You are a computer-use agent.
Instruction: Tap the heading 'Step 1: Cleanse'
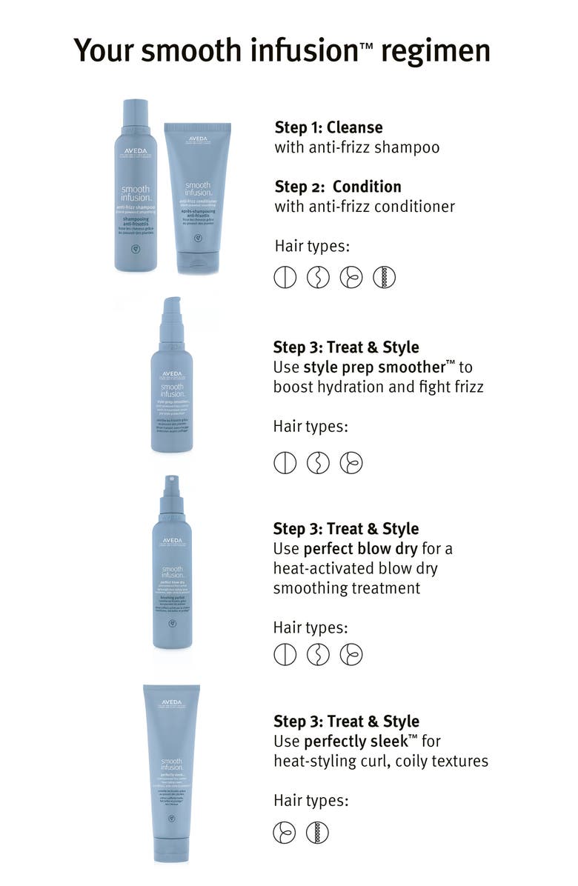pyautogui.click(x=328, y=127)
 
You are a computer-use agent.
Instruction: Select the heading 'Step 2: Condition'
pyautogui.click(x=338, y=187)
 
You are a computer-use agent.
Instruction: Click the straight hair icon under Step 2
pyautogui.click(x=285, y=278)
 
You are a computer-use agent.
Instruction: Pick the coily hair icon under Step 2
pyautogui.click(x=385, y=278)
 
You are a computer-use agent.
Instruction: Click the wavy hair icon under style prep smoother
pyautogui.click(x=318, y=463)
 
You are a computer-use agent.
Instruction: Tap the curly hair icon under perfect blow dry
pyautogui.click(x=351, y=655)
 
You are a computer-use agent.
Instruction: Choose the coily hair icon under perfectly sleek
pyautogui.click(x=317, y=833)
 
